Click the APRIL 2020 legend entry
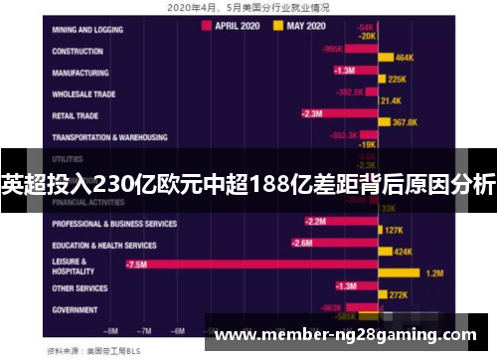pos(238,27)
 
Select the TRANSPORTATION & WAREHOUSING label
pos(109,137)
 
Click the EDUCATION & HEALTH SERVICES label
pos(103,245)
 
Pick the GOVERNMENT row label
pos(78,309)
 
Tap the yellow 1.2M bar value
pos(433,272)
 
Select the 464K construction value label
pos(405,58)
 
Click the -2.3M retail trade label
pos(311,113)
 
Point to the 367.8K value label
pos(405,122)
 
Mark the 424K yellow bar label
pos(403,252)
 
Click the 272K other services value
pos(398,294)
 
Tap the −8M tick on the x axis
pos(111,328)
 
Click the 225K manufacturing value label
pos(397,79)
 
